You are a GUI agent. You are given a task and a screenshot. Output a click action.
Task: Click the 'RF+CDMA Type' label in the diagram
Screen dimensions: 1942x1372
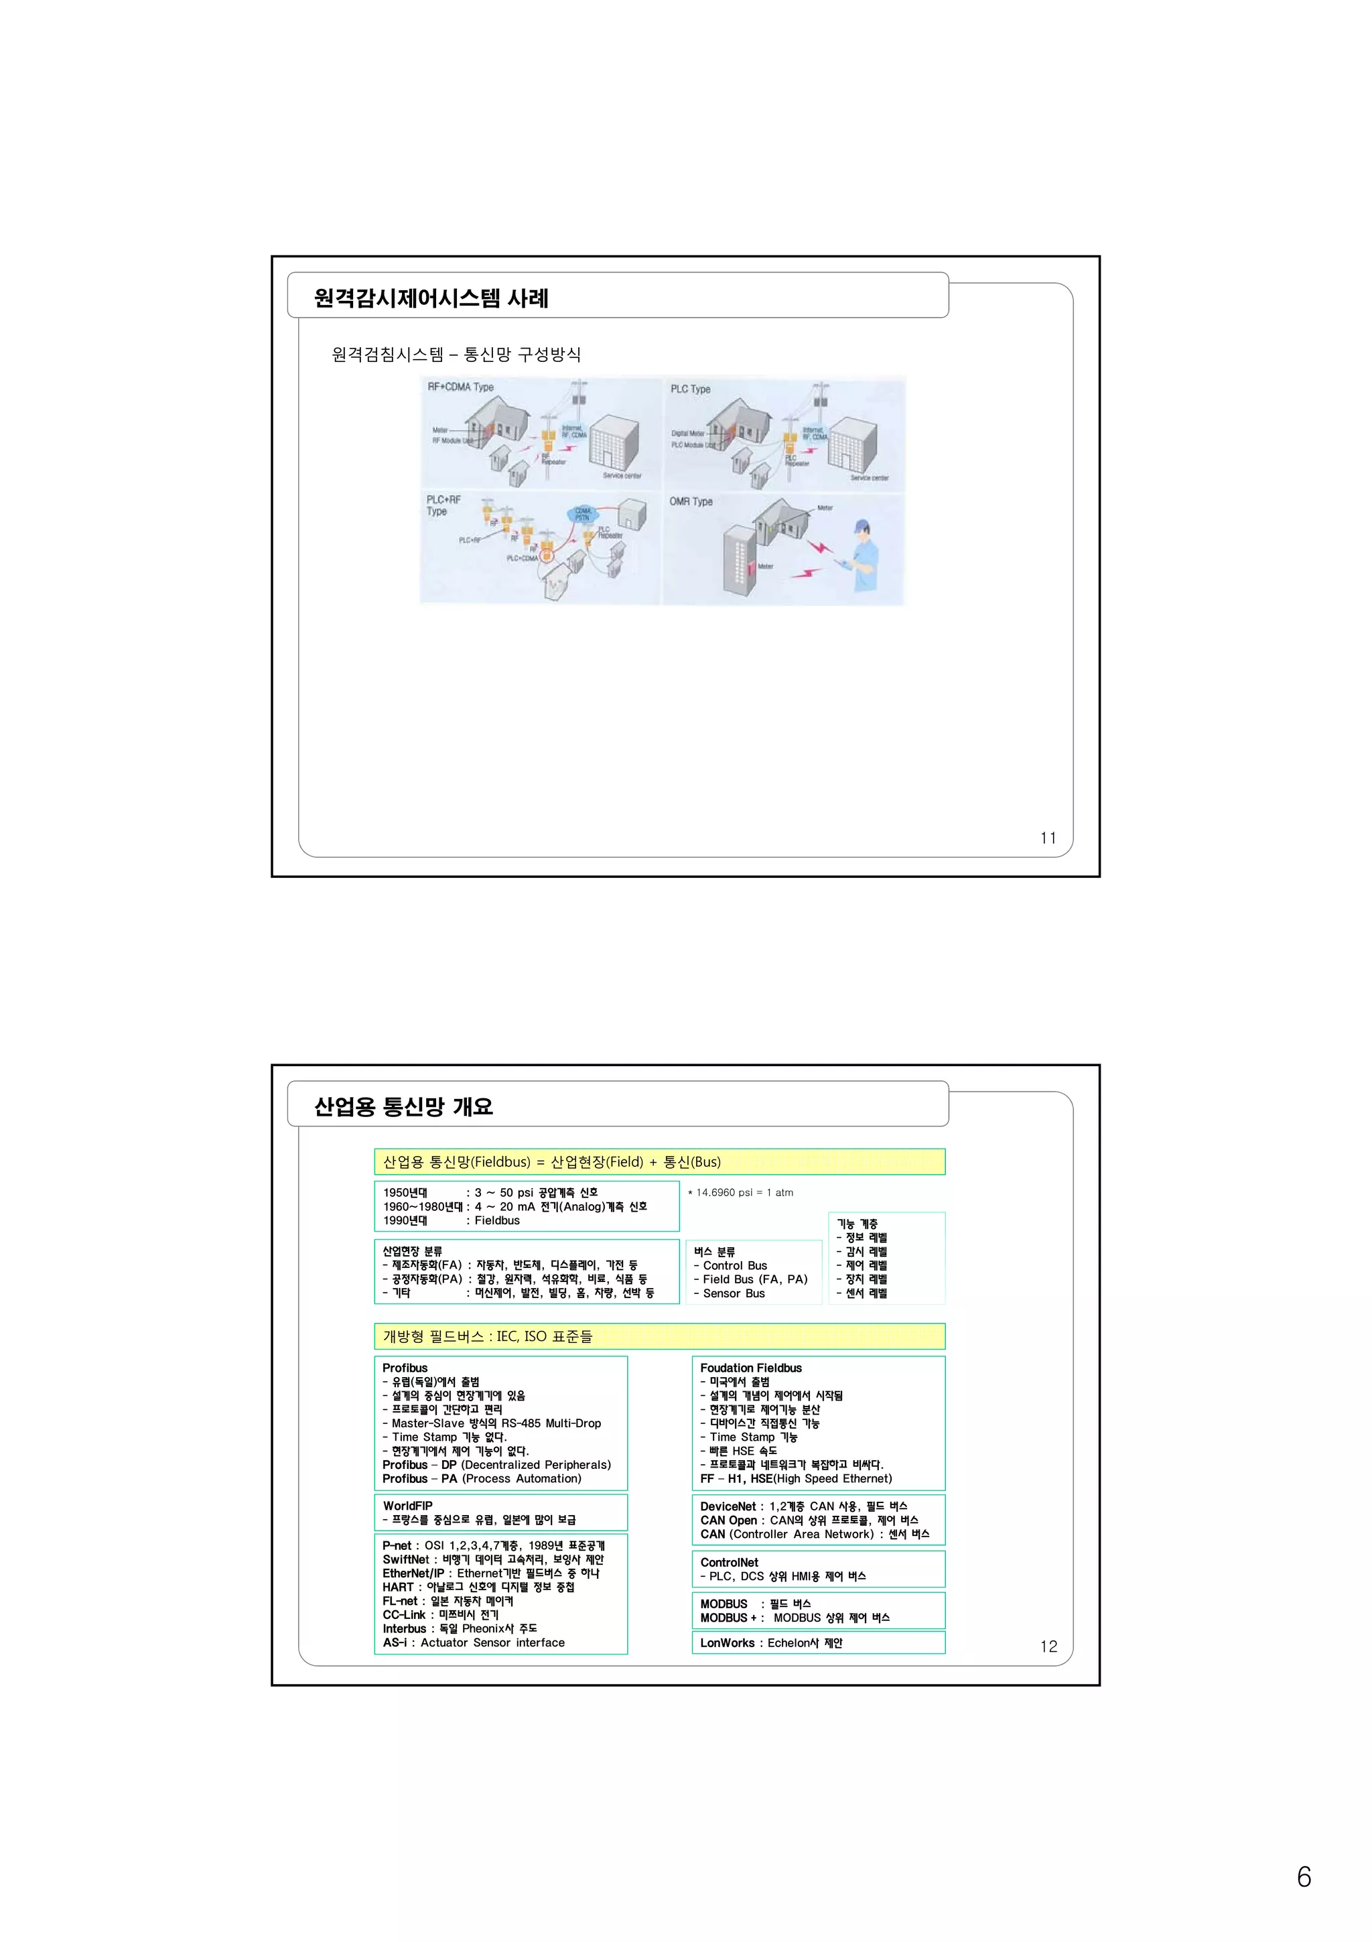(461, 387)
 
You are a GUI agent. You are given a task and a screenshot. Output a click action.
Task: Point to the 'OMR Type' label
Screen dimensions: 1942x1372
(691, 501)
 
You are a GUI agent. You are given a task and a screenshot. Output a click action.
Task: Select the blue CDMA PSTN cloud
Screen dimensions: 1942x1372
(584, 513)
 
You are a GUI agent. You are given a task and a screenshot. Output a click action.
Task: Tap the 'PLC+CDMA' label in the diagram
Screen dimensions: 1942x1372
(522, 558)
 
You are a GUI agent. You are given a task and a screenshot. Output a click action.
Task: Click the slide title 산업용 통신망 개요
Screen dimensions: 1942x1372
(403, 1106)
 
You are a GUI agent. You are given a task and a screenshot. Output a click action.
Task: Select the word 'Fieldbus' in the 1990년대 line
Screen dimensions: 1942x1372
(497, 1220)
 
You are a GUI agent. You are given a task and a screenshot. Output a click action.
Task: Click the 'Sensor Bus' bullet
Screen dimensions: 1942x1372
(733, 1293)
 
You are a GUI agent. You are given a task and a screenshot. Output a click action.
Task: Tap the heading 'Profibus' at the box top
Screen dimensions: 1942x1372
(405, 1368)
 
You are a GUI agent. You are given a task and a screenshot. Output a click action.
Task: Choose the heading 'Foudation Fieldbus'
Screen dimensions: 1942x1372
(751, 1368)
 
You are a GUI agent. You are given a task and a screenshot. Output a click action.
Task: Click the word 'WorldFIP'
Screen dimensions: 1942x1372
(407, 1506)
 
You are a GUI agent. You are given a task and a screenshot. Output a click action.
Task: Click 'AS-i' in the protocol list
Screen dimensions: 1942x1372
(394, 1642)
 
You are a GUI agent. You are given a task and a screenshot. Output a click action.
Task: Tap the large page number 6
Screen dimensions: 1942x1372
(1304, 1877)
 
